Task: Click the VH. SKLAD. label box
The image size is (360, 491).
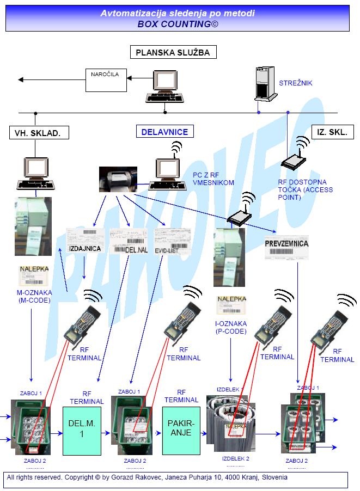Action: (38, 132)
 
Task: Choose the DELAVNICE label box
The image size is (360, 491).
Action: (164, 132)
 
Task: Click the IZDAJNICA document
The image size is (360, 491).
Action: (86, 240)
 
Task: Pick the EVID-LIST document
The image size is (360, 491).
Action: (172, 240)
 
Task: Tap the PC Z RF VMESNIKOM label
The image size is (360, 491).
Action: (213, 179)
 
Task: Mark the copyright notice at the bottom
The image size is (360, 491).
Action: (147, 477)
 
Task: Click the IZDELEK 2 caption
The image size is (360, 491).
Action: (235, 458)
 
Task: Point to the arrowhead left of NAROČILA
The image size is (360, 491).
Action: (22, 80)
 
